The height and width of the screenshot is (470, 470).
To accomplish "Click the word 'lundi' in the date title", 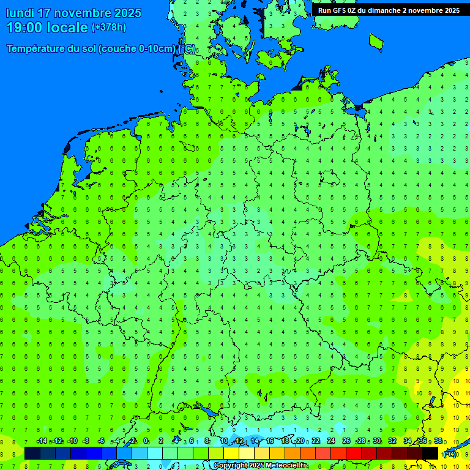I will pyautogui.click(x=20, y=13).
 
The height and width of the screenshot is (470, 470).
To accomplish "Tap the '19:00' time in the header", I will pyautogui.click(x=25, y=28).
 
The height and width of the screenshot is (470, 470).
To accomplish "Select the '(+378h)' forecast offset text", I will pyautogui.click(x=109, y=28).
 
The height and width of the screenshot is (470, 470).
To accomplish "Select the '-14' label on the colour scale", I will pyautogui.click(x=42, y=441).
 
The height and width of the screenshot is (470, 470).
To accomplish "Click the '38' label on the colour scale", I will pyautogui.click(x=438, y=441).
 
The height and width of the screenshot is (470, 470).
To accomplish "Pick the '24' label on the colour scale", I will pyautogui.click(x=331, y=441).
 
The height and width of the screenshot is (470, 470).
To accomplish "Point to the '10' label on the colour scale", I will pyautogui.click(x=224, y=441).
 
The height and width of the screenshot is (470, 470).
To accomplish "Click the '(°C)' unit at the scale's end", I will pyautogui.click(x=449, y=453).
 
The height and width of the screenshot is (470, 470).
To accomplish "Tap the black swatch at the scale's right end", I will pyautogui.click(x=430, y=453).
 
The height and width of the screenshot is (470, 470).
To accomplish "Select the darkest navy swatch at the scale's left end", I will pyautogui.click(x=32, y=453).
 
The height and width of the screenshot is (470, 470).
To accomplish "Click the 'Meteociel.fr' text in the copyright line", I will pyautogui.click(x=286, y=466).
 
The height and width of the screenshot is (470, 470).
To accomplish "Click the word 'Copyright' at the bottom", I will pyautogui.click(x=231, y=466).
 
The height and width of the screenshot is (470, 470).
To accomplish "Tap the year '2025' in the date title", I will pyautogui.click(x=127, y=13).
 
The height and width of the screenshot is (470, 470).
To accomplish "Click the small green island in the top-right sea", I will pyautogui.click(x=376, y=41).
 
